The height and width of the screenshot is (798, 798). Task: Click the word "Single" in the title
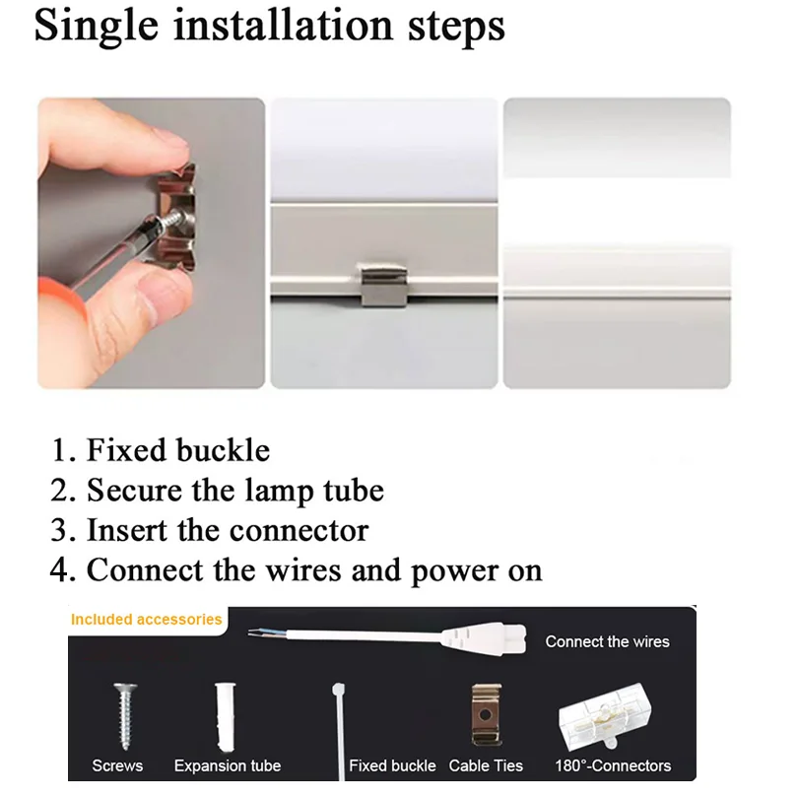(x=95, y=27)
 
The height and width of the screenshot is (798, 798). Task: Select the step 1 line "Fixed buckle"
(x=162, y=450)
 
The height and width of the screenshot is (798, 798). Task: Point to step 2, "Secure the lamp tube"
(x=218, y=490)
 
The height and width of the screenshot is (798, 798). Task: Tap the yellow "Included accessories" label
(x=147, y=620)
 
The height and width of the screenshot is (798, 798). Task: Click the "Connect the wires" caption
(x=607, y=641)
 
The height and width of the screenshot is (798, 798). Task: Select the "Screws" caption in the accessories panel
(x=117, y=765)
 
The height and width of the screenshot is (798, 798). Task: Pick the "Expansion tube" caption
(x=228, y=765)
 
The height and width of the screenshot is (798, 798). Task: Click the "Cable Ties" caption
(x=486, y=765)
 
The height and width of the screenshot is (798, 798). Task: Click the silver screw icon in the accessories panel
(x=124, y=714)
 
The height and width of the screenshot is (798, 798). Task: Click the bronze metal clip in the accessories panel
(x=483, y=713)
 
